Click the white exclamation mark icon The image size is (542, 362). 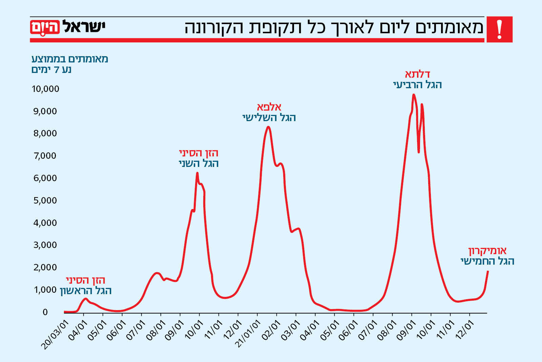[499, 30]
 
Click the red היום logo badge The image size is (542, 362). [45, 27]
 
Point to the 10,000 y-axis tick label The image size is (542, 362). [45, 89]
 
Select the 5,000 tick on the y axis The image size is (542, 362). [45, 201]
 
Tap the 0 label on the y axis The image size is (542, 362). [45, 312]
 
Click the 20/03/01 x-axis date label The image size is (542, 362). [55, 335]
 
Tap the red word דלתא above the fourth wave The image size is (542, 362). [417, 74]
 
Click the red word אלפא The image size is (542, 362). [269, 107]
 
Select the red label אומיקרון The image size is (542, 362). [487, 251]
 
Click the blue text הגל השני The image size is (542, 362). [199, 164]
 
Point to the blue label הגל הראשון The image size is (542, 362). [86, 291]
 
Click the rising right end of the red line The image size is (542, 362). [488, 271]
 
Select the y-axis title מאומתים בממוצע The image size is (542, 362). [70, 59]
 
